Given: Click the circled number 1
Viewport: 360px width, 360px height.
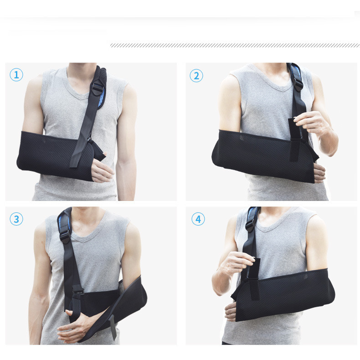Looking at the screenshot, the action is [16, 75].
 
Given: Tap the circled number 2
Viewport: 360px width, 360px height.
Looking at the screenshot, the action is [196, 76].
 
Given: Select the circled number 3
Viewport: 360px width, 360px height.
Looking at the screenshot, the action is [16, 219].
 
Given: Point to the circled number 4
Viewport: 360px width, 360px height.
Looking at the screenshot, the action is [198, 219].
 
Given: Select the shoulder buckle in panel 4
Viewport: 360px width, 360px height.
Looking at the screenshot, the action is [250, 225].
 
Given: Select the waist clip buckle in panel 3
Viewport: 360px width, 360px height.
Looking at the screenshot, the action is [77, 290].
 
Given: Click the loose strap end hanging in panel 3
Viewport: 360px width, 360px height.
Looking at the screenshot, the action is [113, 327].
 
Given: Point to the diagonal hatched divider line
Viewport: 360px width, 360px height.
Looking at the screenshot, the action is [235, 45].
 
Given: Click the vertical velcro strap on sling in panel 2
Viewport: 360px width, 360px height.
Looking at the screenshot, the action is [295, 140].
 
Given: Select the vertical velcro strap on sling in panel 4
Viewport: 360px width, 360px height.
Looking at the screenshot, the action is [254, 279].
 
